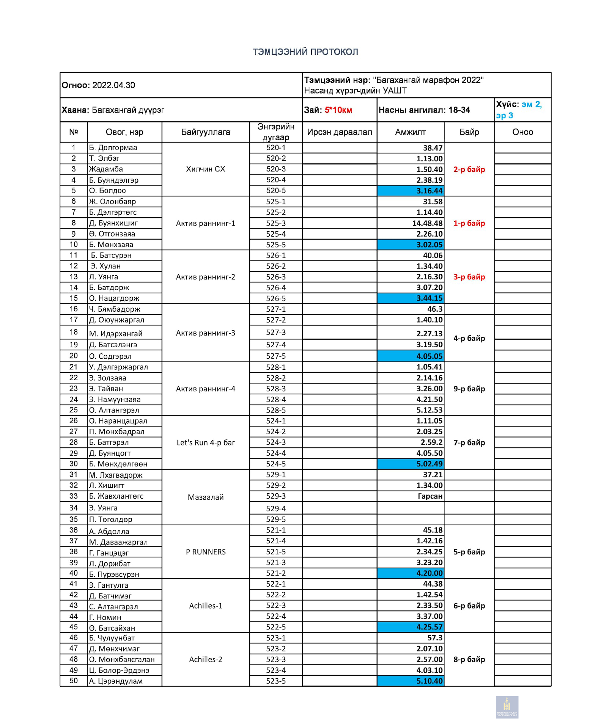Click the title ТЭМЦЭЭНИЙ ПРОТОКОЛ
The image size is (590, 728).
coord(305,52)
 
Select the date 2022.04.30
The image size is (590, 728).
coord(113,85)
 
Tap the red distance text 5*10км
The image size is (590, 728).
coord(338,110)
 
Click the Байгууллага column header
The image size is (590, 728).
coord(206,132)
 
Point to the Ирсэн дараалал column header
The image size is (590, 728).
coord(340,132)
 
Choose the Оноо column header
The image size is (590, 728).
coord(522,132)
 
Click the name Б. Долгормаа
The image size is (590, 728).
coord(113,148)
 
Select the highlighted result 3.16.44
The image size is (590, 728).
coord(429,191)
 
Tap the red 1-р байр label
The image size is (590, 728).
coord(469,223)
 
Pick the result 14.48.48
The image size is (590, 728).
coord(427,223)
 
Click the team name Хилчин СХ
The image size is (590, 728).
coord(206,169)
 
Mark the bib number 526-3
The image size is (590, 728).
coord(276,277)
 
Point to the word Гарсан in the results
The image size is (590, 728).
coord(430,496)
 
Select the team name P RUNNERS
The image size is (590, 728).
coord(206,552)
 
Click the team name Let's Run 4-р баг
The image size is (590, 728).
coord(206,443)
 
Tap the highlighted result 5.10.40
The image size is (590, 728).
coord(429,681)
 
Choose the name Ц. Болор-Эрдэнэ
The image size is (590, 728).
coord(119,671)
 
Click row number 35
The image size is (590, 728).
coord(74,519)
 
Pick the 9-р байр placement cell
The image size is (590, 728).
coord(469,389)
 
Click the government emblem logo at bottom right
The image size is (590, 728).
coord(507,707)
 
